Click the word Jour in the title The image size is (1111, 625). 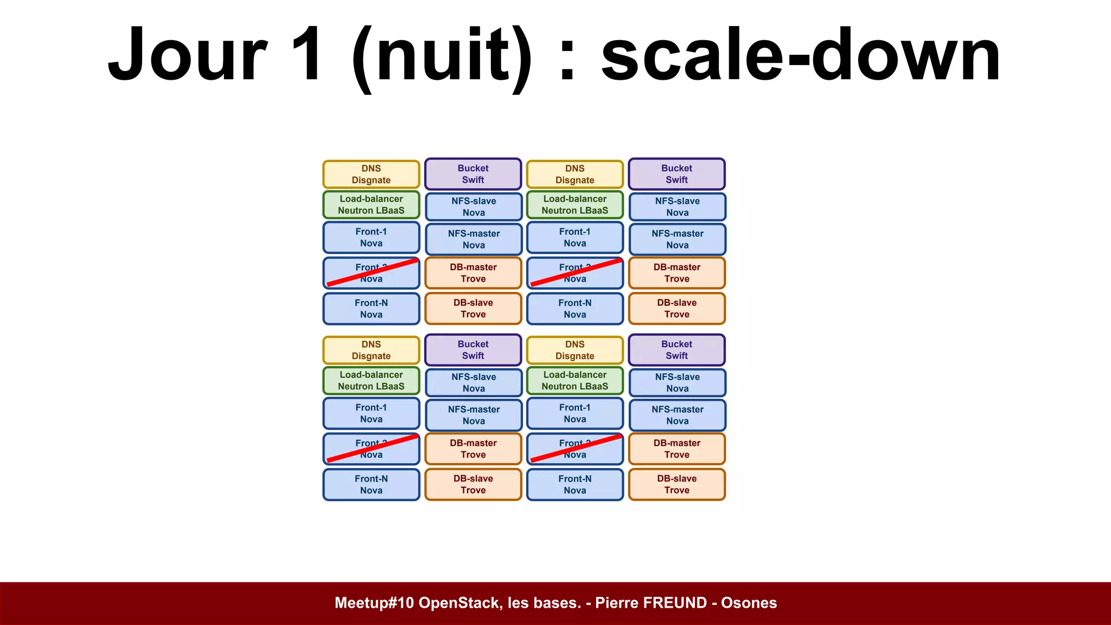(188, 54)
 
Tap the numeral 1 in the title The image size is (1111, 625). (307, 54)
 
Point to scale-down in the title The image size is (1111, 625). (800, 54)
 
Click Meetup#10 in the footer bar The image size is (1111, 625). (374, 603)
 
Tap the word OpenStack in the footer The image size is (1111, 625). (461, 603)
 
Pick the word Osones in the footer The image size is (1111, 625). (749, 603)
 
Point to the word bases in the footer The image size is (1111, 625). (559, 603)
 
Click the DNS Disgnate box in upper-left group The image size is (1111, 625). (371, 174)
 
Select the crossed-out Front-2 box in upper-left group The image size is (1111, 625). (371, 273)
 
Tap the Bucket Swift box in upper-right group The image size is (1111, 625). (676, 174)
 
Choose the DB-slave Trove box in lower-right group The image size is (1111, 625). (676, 484)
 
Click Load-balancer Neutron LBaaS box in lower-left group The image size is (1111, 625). (371, 380)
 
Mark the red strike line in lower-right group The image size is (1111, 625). (576, 448)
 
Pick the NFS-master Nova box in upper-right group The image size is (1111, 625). (677, 239)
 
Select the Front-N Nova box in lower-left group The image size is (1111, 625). (371, 484)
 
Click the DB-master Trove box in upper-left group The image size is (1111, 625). (473, 273)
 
